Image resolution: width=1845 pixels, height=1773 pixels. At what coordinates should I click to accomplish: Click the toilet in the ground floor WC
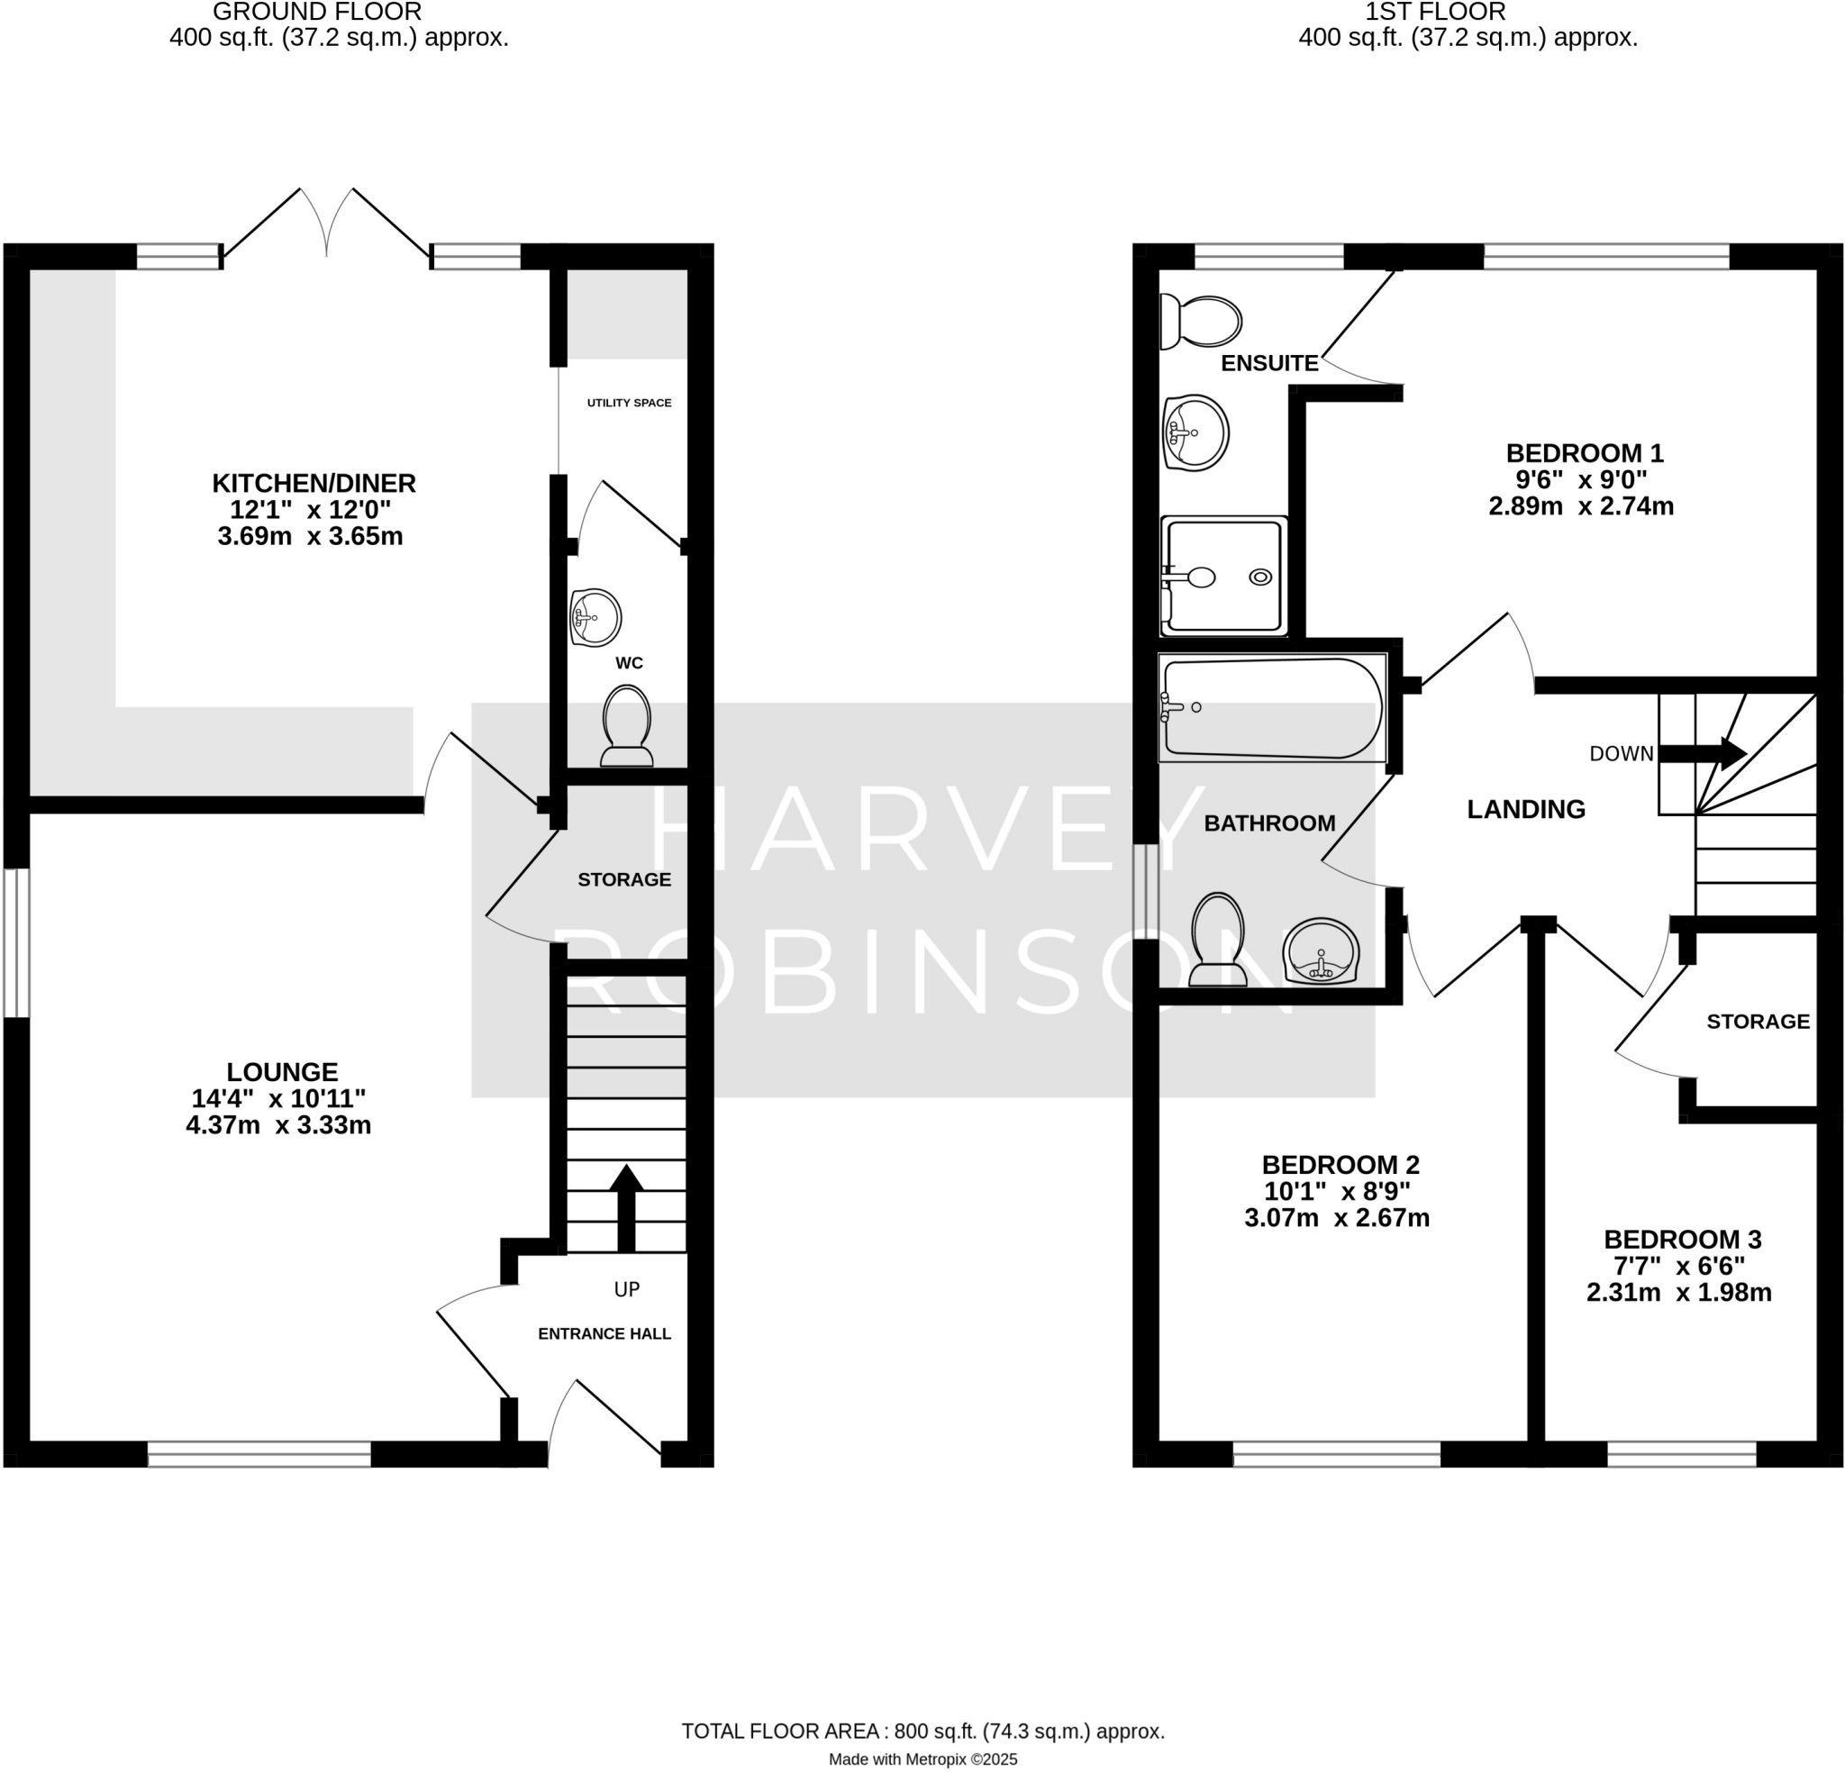pyautogui.click(x=627, y=726)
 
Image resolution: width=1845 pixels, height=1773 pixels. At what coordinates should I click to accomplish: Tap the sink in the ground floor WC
pyautogui.click(x=595, y=618)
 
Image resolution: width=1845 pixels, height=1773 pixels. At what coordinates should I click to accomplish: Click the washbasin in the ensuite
pyautogui.click(x=1196, y=433)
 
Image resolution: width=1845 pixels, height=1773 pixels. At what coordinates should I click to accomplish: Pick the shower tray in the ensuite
pyautogui.click(x=1223, y=576)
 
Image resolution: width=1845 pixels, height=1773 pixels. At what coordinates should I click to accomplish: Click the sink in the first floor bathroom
pyautogui.click(x=1321, y=952)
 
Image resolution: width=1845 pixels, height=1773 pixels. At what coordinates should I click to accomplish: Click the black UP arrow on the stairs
pyautogui.click(x=627, y=1205)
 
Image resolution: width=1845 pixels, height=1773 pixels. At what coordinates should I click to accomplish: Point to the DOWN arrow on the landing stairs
pyautogui.click(x=1703, y=753)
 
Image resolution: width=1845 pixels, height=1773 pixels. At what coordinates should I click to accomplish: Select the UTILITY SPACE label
pyautogui.click(x=629, y=403)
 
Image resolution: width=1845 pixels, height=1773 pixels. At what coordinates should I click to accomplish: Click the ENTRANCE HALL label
pyautogui.click(x=604, y=1333)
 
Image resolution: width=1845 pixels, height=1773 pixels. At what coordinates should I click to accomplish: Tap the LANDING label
pyautogui.click(x=1526, y=809)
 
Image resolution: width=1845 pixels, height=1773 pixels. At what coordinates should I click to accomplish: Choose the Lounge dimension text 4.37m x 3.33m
pyautogui.click(x=278, y=1125)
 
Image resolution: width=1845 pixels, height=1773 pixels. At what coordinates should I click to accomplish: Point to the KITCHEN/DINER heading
pyautogui.click(x=314, y=483)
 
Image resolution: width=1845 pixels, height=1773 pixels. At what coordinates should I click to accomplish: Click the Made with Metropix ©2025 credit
pyautogui.click(x=922, y=1759)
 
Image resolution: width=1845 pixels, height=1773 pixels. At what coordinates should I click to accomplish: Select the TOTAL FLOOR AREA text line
pyautogui.click(x=922, y=1731)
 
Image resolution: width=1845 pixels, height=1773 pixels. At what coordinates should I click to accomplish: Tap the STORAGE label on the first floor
pyautogui.click(x=1758, y=1022)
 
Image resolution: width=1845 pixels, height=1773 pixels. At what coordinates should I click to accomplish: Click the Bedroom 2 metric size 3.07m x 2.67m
pyautogui.click(x=1337, y=1217)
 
